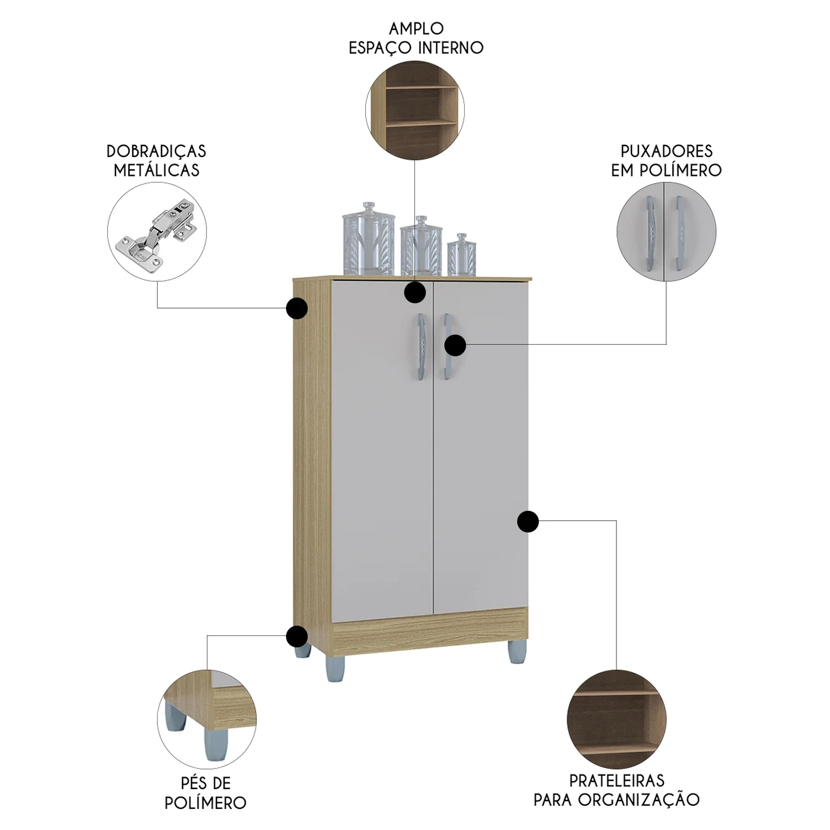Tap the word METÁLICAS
point(156,170)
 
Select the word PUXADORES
point(666,151)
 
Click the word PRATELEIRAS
point(616,781)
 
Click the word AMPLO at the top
point(416,28)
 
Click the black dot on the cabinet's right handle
point(455,345)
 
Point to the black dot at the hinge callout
point(297,308)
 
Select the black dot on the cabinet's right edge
point(528,521)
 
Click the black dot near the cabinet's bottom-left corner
point(297,636)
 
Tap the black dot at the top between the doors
point(414,292)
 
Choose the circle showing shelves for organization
point(616,719)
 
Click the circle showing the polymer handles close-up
point(666,232)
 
